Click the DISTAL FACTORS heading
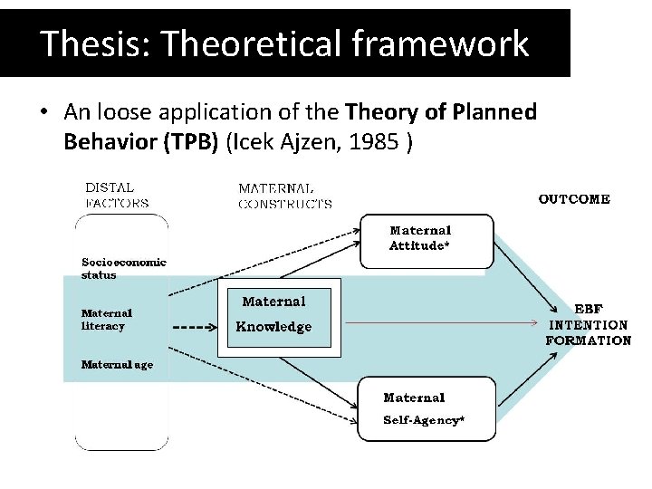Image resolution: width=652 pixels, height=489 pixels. pyautogui.click(x=117, y=196)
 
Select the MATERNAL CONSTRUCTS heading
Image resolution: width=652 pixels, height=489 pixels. pyautogui.click(x=284, y=197)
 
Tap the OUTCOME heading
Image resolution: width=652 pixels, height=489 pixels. pyautogui.click(x=574, y=199)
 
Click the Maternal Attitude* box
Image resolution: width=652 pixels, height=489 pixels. pyautogui.click(x=427, y=240)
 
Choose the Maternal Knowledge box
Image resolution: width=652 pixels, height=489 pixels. pyautogui.click(x=276, y=315)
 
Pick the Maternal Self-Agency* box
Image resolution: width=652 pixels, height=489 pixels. pyautogui.click(x=426, y=409)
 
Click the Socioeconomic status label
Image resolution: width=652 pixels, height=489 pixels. pyautogui.click(x=123, y=268)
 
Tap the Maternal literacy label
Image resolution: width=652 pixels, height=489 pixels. pyautogui.click(x=107, y=320)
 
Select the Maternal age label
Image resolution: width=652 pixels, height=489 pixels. pyautogui.click(x=117, y=365)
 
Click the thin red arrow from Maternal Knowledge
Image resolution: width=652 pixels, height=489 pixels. pyautogui.click(x=435, y=321)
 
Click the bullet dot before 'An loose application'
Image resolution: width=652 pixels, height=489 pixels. pyautogui.click(x=43, y=113)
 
